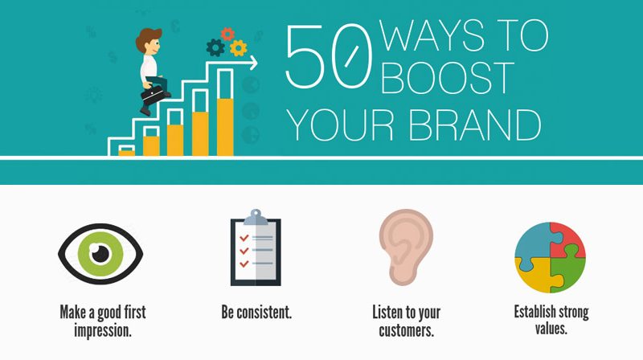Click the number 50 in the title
tap(329, 56)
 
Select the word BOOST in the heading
tap(448, 78)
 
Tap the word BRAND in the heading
tap(475, 125)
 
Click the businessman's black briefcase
tap(153, 95)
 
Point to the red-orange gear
tap(227, 34)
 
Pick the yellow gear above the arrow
tap(238, 48)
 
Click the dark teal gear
tap(215, 47)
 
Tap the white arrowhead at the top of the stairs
tap(254, 63)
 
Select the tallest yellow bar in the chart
tap(225, 127)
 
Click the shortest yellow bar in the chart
tap(127, 153)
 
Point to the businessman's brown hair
tap(148, 38)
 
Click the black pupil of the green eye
tap(100, 254)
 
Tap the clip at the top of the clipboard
tap(256, 217)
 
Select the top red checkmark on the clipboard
tap(244, 238)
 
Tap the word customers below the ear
tap(406, 330)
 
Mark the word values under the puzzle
tap(551, 329)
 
